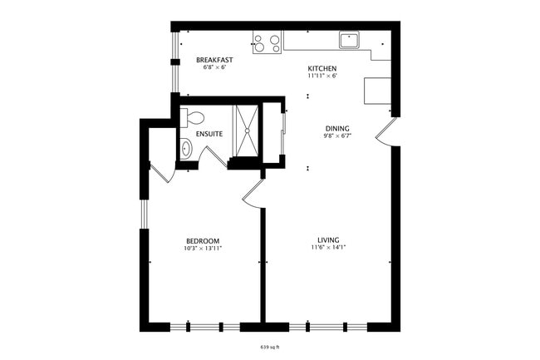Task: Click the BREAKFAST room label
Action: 214,60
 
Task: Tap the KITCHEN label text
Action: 322,68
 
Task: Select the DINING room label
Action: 336,128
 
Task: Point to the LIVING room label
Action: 328,239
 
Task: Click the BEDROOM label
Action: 203,240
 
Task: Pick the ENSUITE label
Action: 209,134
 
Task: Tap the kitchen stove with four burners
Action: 267,42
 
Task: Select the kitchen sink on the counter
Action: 348,39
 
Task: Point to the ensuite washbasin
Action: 186,150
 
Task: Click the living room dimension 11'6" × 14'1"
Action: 328,248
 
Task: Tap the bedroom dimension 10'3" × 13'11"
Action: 203,249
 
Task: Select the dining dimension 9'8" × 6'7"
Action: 336,136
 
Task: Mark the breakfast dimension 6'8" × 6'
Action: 214,68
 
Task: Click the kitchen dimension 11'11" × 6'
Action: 322,76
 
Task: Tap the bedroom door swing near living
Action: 252,194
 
